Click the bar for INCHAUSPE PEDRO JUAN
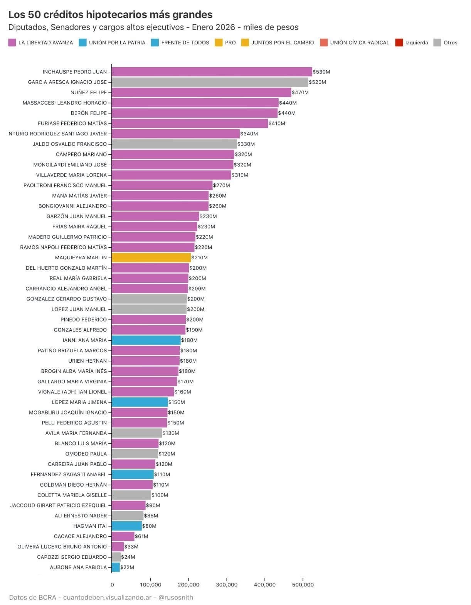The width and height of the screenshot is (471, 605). tap(212, 72)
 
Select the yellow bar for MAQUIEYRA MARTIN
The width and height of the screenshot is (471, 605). tap(151, 257)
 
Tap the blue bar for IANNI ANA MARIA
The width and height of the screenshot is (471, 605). tap(146, 340)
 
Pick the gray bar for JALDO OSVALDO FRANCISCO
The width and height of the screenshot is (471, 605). tap(174, 144)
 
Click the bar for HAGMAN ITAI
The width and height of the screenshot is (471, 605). tap(127, 526)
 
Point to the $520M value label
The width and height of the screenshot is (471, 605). tap(317, 82)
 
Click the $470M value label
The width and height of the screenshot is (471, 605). tap(300, 93)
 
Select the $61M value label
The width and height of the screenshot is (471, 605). tap(141, 536)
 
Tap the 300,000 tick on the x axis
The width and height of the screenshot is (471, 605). tap(227, 585)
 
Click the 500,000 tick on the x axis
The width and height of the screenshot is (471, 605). tap(303, 585)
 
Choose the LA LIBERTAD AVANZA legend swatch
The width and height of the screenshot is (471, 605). tap(12, 43)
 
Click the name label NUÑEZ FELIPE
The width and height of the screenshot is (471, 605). tap(89, 93)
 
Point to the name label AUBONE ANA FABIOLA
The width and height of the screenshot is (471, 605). tap(78, 567)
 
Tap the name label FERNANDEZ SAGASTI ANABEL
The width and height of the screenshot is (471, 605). tap(69, 474)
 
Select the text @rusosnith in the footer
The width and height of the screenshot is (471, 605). tap(176, 597)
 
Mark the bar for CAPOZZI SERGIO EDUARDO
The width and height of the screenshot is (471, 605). tap(116, 557)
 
